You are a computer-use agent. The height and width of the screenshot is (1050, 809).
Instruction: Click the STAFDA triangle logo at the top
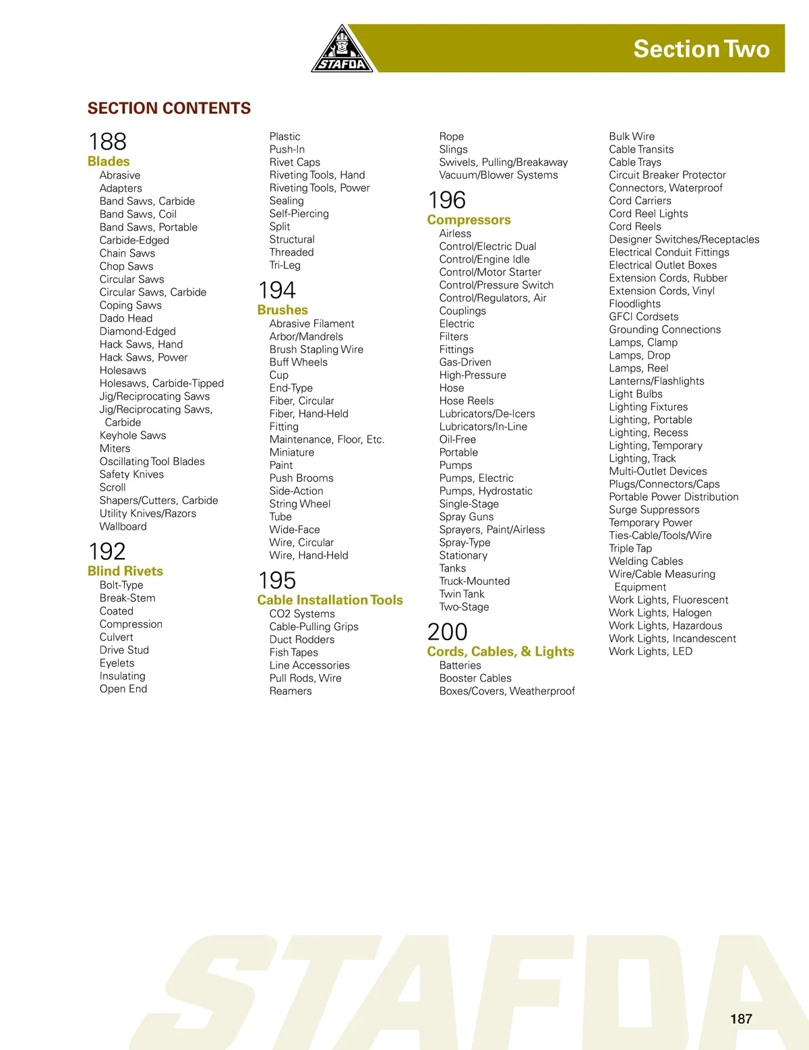point(342,51)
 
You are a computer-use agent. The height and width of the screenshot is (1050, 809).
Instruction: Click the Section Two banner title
point(701,49)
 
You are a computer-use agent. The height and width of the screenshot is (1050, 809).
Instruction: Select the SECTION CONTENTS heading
point(169,108)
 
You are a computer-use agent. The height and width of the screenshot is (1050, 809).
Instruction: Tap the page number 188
point(107,142)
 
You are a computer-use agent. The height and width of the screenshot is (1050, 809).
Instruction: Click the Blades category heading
point(109,161)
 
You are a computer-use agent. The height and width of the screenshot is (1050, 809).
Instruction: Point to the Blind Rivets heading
point(125,571)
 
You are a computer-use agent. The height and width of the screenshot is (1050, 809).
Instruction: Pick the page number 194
point(277,290)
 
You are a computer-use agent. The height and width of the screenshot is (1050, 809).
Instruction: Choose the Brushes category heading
point(282,310)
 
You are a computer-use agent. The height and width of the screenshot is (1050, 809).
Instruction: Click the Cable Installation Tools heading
point(330,600)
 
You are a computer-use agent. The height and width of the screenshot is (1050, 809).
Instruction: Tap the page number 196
point(447,200)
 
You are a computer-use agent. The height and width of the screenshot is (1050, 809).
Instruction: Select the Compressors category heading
point(469,220)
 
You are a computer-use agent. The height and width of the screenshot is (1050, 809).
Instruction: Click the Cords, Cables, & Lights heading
point(500,652)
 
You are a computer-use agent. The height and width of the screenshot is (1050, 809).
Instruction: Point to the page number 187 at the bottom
point(741,1018)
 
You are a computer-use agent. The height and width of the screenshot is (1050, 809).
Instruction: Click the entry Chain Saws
point(127,253)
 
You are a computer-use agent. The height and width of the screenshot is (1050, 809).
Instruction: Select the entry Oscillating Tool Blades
point(152,462)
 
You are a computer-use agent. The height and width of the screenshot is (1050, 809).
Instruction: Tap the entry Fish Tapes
point(293,652)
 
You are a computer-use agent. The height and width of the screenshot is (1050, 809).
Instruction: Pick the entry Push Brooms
point(301,478)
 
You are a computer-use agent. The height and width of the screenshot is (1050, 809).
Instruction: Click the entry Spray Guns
point(467,517)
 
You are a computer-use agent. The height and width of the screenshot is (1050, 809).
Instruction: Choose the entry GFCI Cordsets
point(644,317)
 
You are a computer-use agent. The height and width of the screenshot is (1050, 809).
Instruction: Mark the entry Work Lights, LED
point(651,652)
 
